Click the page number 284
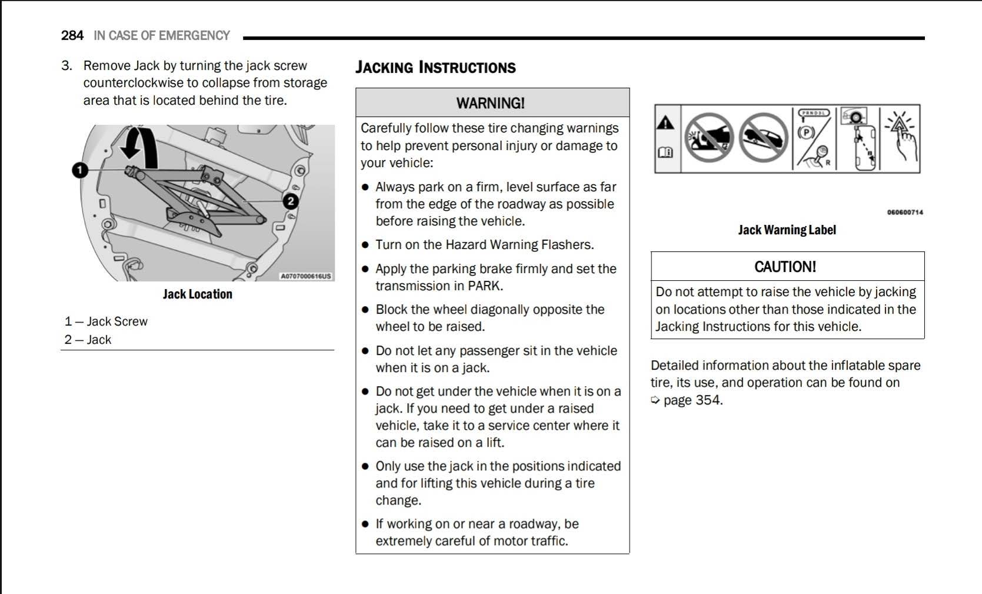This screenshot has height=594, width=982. pyautogui.click(x=72, y=35)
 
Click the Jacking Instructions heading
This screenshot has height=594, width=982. pyautogui.click(x=435, y=68)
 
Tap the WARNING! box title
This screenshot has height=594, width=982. pyautogui.click(x=491, y=103)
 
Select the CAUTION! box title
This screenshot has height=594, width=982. pyautogui.click(x=785, y=267)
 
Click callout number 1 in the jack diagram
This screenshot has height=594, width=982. pyautogui.click(x=80, y=170)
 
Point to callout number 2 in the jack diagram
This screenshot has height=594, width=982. pyautogui.click(x=290, y=201)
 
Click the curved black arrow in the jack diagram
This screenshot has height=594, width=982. pyautogui.click(x=140, y=147)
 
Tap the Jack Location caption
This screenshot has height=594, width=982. pyautogui.click(x=198, y=294)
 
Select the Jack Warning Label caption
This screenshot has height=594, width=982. pyautogui.click(x=787, y=230)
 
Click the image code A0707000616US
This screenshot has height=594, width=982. pyautogui.click(x=306, y=276)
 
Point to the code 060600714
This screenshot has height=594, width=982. pyautogui.click(x=905, y=213)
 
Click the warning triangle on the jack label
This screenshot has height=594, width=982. pyautogui.click(x=665, y=123)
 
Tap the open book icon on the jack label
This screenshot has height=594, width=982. pyautogui.click(x=665, y=152)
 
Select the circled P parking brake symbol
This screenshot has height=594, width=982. pyautogui.click(x=805, y=132)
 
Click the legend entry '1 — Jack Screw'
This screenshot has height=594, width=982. pyautogui.click(x=106, y=321)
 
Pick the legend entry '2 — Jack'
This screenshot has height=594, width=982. pyautogui.click(x=88, y=340)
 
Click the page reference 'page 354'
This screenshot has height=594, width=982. pyautogui.click(x=692, y=400)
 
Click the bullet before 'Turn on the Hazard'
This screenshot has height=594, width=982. pyautogui.click(x=365, y=245)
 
